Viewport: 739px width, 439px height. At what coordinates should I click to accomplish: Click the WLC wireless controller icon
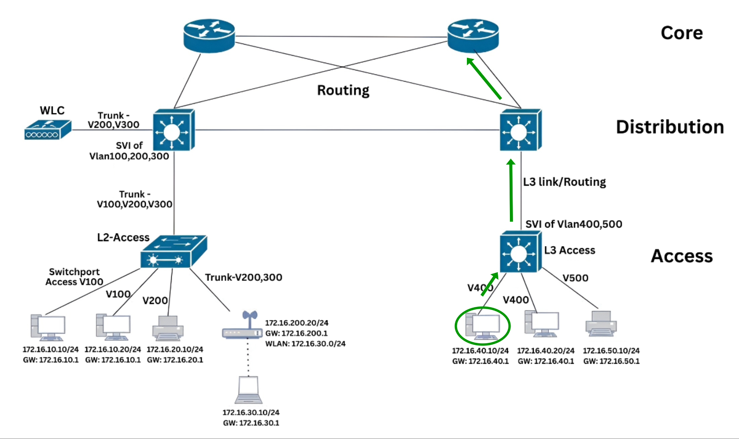pyautogui.click(x=48, y=130)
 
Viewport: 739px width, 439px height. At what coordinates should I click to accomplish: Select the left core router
pyautogui.click(x=209, y=36)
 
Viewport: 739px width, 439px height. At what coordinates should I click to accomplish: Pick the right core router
pyautogui.click(x=473, y=36)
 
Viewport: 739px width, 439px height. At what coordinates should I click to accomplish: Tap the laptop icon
pyautogui.click(x=248, y=390)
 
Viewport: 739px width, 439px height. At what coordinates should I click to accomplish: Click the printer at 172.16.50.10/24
pyautogui.click(x=601, y=324)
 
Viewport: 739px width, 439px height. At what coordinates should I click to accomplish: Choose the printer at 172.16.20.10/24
pyautogui.click(x=168, y=328)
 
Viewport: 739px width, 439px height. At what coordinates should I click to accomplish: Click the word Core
pyautogui.click(x=682, y=33)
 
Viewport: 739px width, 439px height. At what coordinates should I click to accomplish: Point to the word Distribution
pyautogui.click(x=670, y=127)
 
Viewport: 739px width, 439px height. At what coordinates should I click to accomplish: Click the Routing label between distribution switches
pyautogui.click(x=343, y=90)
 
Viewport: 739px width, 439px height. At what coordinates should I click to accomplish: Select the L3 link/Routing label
pyautogui.click(x=564, y=182)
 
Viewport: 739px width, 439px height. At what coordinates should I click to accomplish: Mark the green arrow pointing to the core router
pyautogui.click(x=484, y=79)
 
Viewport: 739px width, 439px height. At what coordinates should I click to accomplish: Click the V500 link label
pyautogui.click(x=575, y=278)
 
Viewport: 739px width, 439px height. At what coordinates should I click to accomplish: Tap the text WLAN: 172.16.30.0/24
pyautogui.click(x=305, y=344)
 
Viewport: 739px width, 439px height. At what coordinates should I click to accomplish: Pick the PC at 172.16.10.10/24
pyautogui.click(x=48, y=328)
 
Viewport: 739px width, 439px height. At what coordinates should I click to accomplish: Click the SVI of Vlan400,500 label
pyautogui.click(x=573, y=224)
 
